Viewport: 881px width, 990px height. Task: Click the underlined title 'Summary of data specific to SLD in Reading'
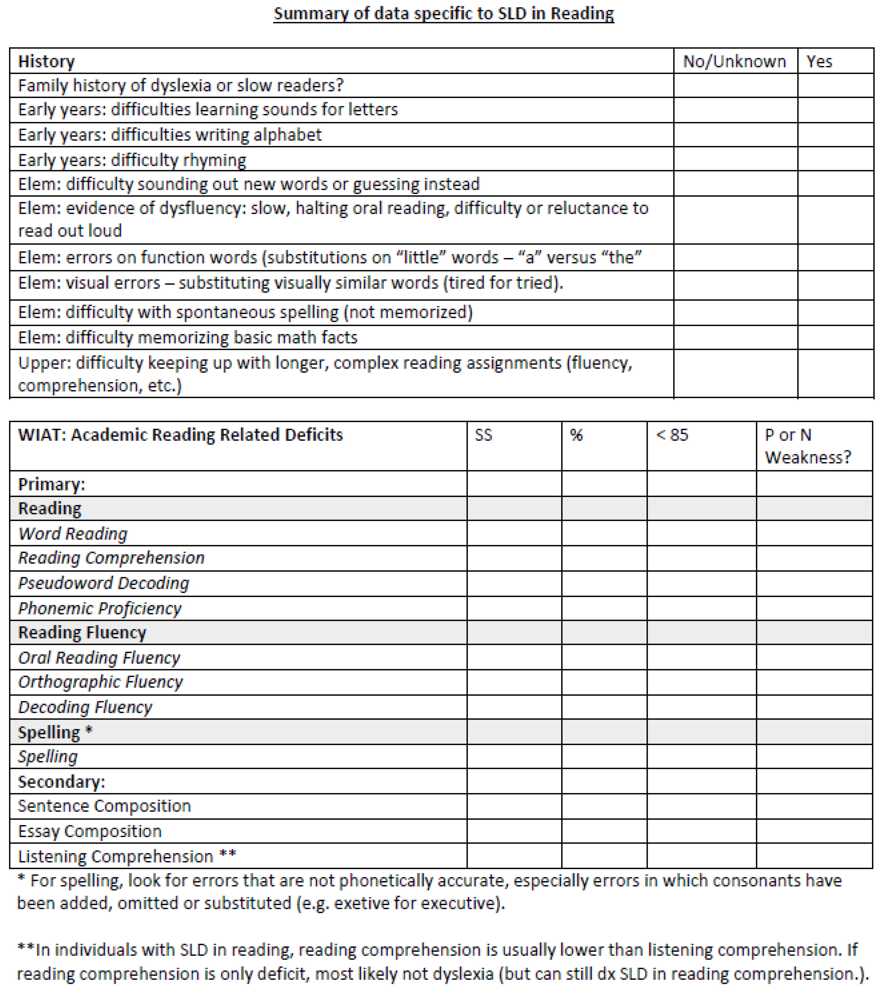point(444,14)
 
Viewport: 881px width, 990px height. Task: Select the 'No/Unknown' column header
point(734,61)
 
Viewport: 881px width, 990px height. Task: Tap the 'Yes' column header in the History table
point(819,61)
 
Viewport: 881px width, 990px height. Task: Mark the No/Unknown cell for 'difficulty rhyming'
point(735,159)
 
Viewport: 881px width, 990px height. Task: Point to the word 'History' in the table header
point(46,61)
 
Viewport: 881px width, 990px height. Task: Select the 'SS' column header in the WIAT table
point(483,435)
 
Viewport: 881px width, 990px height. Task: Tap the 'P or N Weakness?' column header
point(807,446)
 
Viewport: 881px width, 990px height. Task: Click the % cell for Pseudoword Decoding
point(604,583)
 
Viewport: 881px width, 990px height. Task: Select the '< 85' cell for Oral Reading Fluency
point(701,657)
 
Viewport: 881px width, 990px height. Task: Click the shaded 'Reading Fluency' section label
point(82,632)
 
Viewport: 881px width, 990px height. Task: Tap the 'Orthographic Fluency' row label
point(100,682)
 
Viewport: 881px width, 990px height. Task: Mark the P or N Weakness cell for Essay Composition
point(814,831)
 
